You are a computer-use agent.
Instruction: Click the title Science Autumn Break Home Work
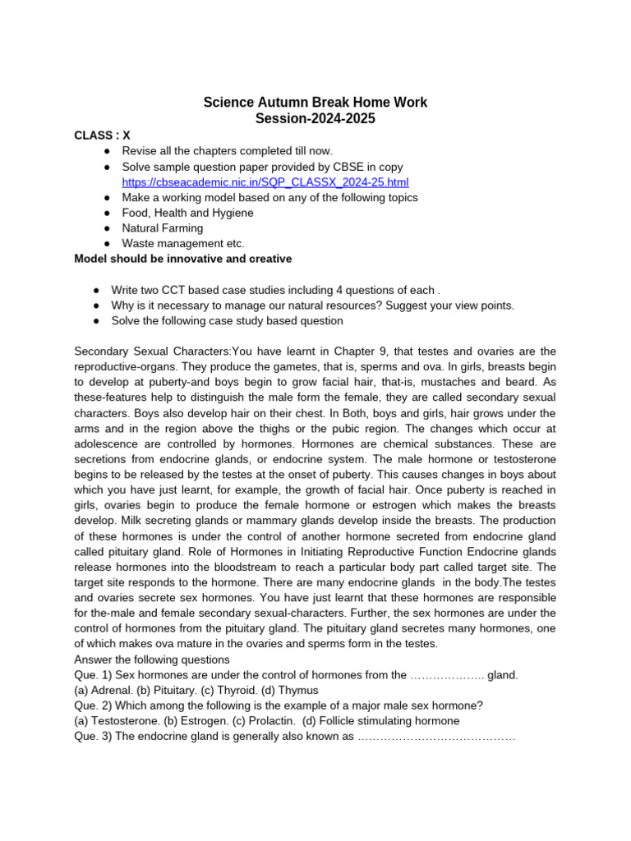(x=315, y=103)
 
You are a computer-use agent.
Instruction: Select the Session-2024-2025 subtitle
(x=315, y=119)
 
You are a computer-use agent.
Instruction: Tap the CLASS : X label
(x=102, y=136)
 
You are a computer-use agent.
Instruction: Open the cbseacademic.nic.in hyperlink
(x=265, y=182)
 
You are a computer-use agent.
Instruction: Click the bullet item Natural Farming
(x=162, y=228)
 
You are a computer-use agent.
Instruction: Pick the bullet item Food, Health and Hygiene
(x=187, y=213)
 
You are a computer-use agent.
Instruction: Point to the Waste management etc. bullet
(x=183, y=243)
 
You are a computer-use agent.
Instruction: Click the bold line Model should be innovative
(x=182, y=259)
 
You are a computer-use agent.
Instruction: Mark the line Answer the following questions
(x=152, y=659)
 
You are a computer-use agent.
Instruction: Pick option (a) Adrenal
(x=99, y=690)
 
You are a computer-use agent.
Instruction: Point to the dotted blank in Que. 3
(x=435, y=737)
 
